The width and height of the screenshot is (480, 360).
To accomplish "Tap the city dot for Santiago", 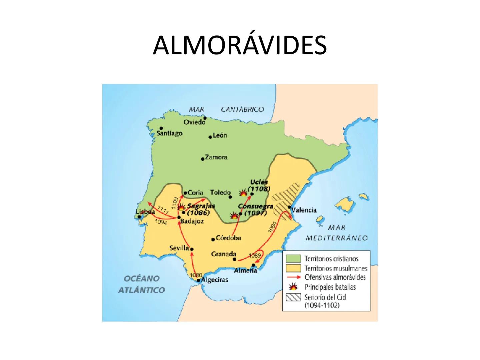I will click(x=161, y=128).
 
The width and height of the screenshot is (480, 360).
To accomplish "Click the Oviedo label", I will click(x=194, y=122).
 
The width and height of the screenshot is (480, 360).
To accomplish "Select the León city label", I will click(x=220, y=135).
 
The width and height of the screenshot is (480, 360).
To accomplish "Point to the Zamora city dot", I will click(x=203, y=159).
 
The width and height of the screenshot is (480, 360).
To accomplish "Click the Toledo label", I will click(x=220, y=192).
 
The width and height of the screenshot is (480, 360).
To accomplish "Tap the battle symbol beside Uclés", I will click(x=243, y=193).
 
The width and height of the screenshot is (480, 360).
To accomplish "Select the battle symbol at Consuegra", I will click(x=235, y=215).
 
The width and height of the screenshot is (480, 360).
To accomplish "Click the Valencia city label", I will click(x=304, y=210).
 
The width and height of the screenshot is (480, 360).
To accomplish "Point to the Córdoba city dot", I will click(x=213, y=239).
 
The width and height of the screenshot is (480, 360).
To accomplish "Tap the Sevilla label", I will click(x=179, y=248).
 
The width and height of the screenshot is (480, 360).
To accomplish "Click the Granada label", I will click(x=223, y=254).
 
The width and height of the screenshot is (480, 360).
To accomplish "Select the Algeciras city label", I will click(x=215, y=280).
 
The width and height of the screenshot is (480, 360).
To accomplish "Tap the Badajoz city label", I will click(x=192, y=221).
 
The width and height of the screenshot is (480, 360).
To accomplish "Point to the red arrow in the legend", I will click(x=293, y=277).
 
